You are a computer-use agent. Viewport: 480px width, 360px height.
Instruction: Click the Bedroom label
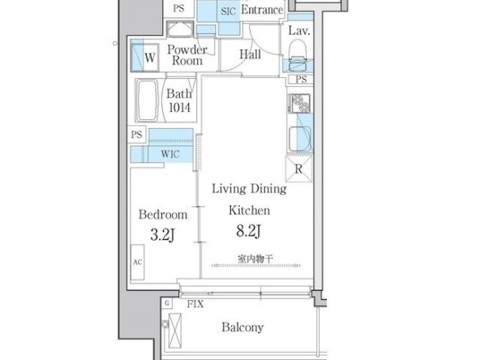(x=163, y=215)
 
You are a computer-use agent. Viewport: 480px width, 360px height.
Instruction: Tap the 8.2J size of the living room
(x=248, y=231)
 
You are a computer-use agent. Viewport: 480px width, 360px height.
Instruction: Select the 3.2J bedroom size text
(x=163, y=235)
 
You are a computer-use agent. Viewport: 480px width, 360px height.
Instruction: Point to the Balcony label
(x=242, y=327)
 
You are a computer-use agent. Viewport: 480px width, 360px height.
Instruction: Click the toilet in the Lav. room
(x=298, y=57)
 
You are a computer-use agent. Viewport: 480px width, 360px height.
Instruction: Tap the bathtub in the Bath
(x=147, y=100)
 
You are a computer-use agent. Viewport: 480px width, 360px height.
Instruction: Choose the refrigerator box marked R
(x=298, y=168)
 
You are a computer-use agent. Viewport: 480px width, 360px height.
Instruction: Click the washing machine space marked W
(x=145, y=58)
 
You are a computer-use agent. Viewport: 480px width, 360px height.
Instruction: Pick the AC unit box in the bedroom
(x=137, y=262)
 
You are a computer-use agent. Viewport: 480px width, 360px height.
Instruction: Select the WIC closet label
(x=170, y=154)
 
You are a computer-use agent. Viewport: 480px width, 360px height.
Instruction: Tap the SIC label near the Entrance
(x=228, y=12)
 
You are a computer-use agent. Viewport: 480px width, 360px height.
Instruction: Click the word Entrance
(x=261, y=10)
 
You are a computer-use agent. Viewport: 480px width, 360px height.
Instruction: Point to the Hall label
(x=250, y=54)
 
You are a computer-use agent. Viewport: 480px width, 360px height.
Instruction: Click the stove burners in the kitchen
(x=300, y=104)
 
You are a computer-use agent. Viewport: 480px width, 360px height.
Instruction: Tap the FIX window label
(x=196, y=304)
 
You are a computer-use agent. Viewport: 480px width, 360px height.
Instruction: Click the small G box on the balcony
(x=167, y=303)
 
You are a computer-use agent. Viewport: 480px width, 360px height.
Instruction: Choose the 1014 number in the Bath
(x=179, y=108)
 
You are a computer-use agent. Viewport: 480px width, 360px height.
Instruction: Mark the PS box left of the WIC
(x=136, y=135)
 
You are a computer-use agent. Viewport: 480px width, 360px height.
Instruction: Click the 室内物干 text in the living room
(x=255, y=259)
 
